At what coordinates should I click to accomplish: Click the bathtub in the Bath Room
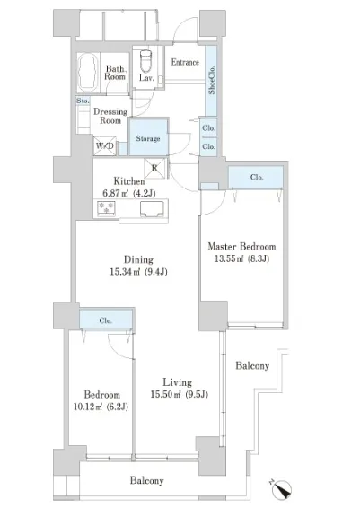click(x=88, y=74)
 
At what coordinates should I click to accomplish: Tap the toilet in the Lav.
click(x=145, y=61)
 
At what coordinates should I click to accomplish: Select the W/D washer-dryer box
click(x=105, y=145)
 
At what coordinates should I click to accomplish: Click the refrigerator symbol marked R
click(x=154, y=168)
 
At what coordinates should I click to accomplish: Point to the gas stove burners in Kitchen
click(x=106, y=208)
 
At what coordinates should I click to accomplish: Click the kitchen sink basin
click(x=152, y=208)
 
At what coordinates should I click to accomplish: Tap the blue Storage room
click(x=148, y=137)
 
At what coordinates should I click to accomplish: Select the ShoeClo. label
click(x=212, y=80)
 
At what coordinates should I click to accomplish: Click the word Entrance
click(x=185, y=62)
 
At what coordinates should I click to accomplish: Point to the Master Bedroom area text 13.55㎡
click(x=226, y=258)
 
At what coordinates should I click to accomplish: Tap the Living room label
click(x=177, y=382)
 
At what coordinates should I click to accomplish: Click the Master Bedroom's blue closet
click(x=256, y=177)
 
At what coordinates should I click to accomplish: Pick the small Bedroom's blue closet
click(x=106, y=320)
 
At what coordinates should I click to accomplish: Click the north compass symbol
click(x=282, y=489)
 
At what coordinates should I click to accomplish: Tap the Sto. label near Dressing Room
click(x=83, y=101)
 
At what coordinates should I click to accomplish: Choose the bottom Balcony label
click(x=147, y=480)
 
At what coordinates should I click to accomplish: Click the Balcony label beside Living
click(x=252, y=366)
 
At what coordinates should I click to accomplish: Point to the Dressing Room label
click(x=110, y=116)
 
